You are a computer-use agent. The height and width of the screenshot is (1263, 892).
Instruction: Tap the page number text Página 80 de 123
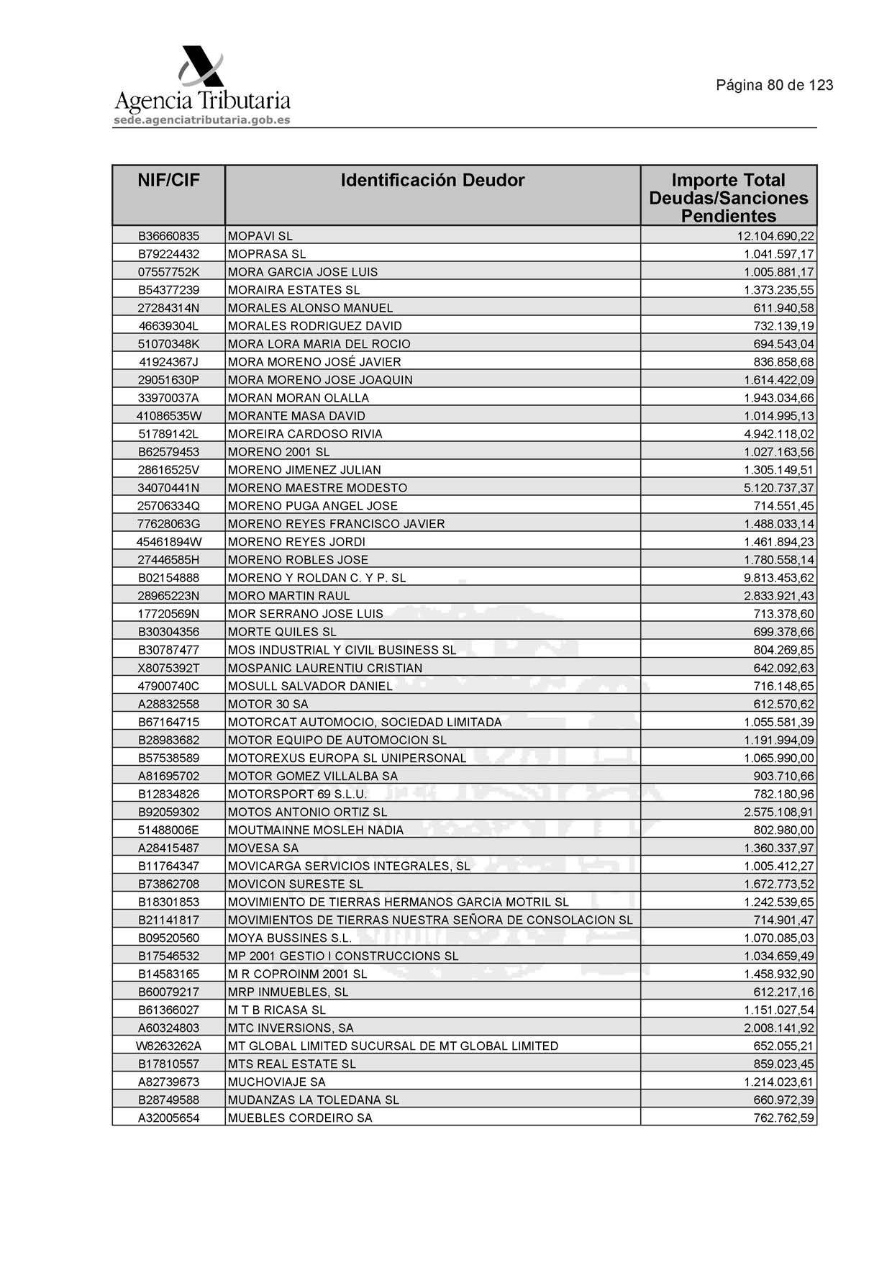(x=774, y=85)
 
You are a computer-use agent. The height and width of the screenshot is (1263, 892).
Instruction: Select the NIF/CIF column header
(x=168, y=180)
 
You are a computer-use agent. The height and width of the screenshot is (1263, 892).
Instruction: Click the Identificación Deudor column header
(x=432, y=180)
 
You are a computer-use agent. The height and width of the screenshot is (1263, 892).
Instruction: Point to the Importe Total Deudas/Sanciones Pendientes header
(x=728, y=198)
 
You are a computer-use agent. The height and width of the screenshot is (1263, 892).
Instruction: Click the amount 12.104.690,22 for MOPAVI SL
(x=775, y=236)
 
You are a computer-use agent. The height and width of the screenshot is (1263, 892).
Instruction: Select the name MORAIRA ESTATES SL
(x=293, y=290)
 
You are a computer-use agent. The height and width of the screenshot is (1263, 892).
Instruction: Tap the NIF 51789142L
(x=168, y=434)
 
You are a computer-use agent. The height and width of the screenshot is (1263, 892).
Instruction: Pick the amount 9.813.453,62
(x=779, y=578)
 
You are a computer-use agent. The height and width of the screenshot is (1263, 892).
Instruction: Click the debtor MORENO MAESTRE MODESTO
(x=317, y=488)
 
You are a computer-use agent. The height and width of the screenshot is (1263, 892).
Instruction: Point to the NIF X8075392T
(x=168, y=668)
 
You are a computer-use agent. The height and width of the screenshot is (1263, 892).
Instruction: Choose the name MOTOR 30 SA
(x=268, y=704)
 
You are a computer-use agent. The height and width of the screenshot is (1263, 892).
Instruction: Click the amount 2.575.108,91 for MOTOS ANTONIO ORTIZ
(x=779, y=812)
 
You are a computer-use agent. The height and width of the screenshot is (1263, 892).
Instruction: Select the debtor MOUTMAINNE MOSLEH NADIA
(x=315, y=830)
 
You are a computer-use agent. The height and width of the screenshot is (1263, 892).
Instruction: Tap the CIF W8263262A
(x=168, y=1046)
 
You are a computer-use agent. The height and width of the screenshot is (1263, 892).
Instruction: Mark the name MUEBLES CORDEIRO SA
(x=300, y=1118)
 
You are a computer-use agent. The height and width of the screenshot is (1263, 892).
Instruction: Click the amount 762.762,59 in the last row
(x=783, y=1118)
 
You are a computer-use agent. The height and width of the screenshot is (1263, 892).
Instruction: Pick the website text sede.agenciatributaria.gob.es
(x=202, y=120)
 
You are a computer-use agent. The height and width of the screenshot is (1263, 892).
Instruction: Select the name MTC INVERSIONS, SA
(x=291, y=1028)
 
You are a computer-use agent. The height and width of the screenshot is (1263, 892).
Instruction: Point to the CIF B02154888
(x=168, y=578)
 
